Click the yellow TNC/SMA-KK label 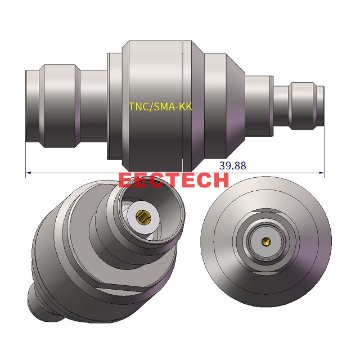(160, 107)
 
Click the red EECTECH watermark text (174, 180)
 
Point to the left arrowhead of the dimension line (29, 173)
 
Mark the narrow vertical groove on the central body (183, 105)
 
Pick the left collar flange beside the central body (114, 105)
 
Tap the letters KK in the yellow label (186, 107)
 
